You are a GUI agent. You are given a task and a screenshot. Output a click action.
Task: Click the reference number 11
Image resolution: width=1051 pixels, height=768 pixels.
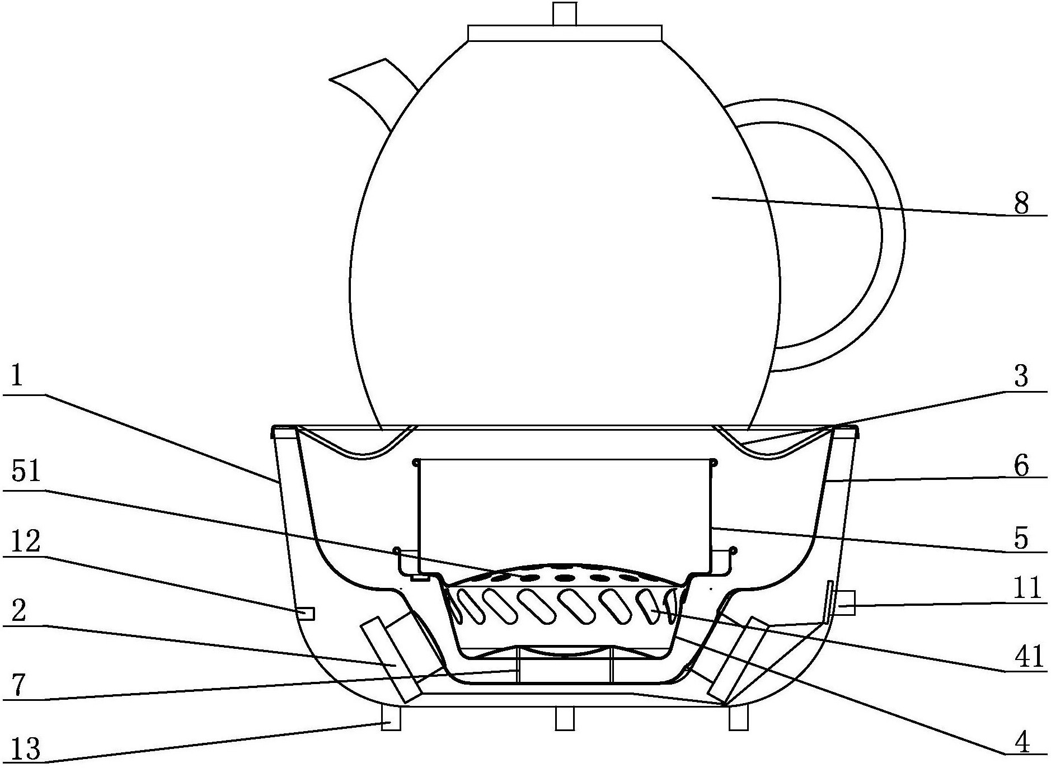[x=1027, y=588]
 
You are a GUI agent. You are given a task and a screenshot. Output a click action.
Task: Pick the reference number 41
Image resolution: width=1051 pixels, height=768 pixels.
[x=1027, y=657]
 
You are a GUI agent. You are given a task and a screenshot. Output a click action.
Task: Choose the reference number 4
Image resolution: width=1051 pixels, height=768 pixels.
[x=1022, y=742]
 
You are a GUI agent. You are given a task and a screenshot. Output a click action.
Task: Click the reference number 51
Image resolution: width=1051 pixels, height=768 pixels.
[x=26, y=472]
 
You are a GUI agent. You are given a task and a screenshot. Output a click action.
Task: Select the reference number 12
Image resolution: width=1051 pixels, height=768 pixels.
[x=26, y=541]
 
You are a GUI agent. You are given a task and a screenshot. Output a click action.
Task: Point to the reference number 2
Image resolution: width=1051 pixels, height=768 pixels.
[x=18, y=611]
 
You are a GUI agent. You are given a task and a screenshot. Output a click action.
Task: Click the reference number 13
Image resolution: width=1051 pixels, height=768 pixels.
[x=26, y=749]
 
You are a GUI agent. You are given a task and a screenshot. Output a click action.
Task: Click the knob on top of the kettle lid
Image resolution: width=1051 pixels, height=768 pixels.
[x=564, y=13]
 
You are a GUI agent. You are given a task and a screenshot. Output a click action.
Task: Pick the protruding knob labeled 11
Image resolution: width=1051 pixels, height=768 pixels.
[x=846, y=602]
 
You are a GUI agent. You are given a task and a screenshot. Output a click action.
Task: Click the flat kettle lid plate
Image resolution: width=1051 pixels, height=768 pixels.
[x=565, y=33]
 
